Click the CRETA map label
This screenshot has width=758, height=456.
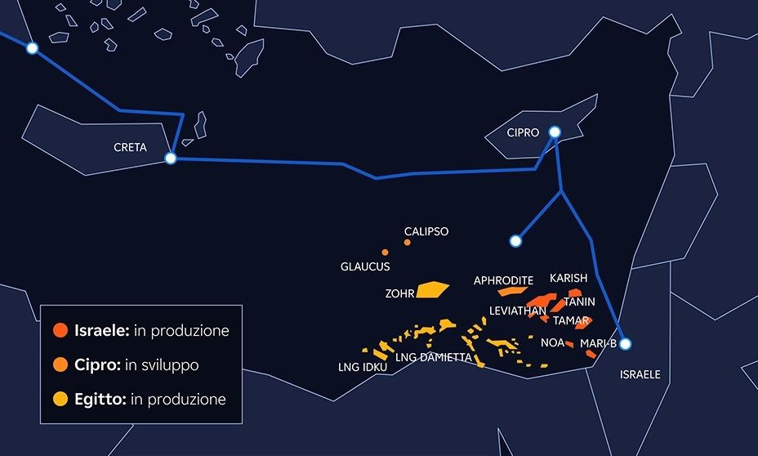coord(130,148)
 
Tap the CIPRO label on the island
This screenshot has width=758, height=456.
coord(523,132)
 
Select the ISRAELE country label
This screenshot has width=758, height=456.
coord(640,375)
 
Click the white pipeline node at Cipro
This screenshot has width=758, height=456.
coord(555,132)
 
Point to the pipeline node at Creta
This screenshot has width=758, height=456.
coord(171,158)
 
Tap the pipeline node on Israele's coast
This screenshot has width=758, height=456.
coord(626,344)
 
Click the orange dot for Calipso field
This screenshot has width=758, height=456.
coord(408,243)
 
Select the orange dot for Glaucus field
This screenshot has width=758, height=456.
coord(385,253)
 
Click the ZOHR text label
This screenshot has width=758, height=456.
coord(399,293)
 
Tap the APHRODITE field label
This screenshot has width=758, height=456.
coord(503,280)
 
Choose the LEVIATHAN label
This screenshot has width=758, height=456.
coord(517,311)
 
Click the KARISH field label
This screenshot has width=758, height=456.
coord(568,279)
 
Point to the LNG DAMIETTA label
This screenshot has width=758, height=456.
coord(433,357)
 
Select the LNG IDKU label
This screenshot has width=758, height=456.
coord(363,367)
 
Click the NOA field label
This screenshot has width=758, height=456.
coord(552,342)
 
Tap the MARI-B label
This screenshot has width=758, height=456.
coord(598,343)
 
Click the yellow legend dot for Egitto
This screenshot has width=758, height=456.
coord(60,400)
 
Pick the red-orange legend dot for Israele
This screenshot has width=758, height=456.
coord(60,331)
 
